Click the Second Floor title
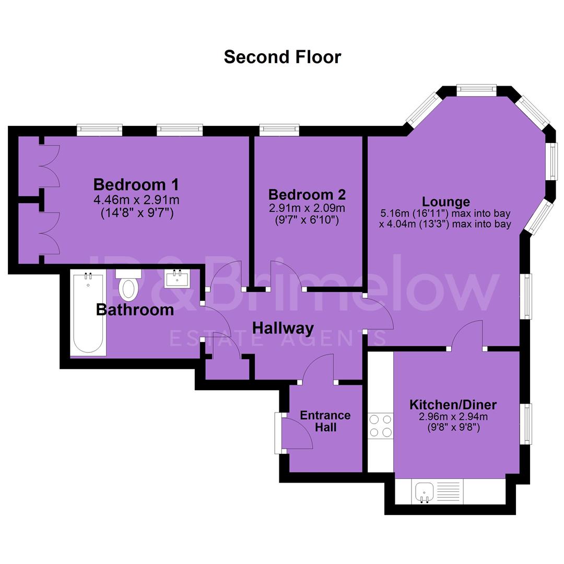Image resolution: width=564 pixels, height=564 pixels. (x=283, y=57)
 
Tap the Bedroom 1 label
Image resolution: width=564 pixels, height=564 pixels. (x=136, y=184)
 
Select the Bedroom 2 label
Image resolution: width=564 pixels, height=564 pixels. (x=307, y=195)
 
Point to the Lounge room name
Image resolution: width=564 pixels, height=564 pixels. (x=445, y=202)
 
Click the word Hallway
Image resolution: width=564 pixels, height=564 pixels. (x=283, y=328)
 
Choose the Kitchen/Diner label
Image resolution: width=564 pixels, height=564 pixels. (x=453, y=405)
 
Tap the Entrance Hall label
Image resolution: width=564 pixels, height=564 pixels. (x=325, y=421)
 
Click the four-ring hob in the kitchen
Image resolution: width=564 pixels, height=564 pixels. (x=381, y=426)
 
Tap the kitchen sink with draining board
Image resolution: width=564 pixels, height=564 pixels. (x=438, y=491)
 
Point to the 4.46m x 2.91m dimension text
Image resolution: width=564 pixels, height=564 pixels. (x=136, y=199)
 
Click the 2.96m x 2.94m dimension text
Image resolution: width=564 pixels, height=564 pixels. (x=453, y=417)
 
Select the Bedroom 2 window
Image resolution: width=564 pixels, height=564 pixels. (x=279, y=130)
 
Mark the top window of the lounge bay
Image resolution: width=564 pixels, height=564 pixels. (x=477, y=90)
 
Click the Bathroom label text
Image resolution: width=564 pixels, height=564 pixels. (x=135, y=310)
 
